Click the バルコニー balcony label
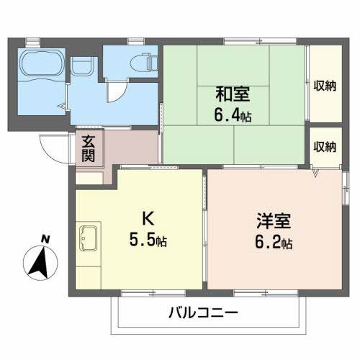203,313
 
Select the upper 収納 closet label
325,85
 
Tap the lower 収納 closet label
325,146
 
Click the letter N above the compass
44,239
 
